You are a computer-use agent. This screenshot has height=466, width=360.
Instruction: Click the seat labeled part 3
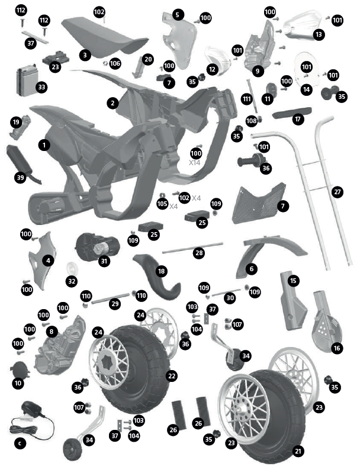click(x=104, y=36)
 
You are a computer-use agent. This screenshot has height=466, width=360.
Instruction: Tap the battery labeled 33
click(x=27, y=81)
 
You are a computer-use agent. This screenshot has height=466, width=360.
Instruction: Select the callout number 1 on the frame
click(x=44, y=145)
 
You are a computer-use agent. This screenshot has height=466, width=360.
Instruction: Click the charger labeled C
click(x=31, y=420)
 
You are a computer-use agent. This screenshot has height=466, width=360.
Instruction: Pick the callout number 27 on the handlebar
click(x=337, y=192)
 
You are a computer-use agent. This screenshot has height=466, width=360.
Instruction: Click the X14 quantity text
click(x=195, y=163)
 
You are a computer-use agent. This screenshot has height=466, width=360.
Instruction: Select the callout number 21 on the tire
click(x=298, y=451)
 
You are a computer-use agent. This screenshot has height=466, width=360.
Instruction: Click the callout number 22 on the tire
click(x=172, y=376)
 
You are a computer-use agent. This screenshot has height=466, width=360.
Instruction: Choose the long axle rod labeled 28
click(x=192, y=248)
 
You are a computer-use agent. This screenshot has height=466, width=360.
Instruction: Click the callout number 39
click(x=20, y=178)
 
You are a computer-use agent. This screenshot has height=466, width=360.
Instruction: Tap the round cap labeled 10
click(x=20, y=369)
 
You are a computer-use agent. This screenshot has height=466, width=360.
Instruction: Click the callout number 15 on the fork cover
click(x=294, y=281)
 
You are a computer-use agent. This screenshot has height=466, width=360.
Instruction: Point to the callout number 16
click(x=337, y=348)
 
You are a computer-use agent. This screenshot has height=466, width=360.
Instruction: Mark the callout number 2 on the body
click(x=112, y=104)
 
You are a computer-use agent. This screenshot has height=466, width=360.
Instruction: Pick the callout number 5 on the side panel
click(x=178, y=15)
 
